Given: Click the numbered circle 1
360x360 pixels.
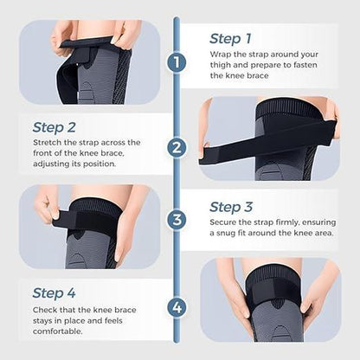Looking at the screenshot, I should click(177, 62).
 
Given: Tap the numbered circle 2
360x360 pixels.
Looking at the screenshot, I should click(177, 146).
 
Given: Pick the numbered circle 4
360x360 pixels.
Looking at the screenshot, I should click(177, 306).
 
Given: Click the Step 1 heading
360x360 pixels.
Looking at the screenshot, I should click(230, 38).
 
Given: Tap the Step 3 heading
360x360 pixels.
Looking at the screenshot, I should click(232, 207).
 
